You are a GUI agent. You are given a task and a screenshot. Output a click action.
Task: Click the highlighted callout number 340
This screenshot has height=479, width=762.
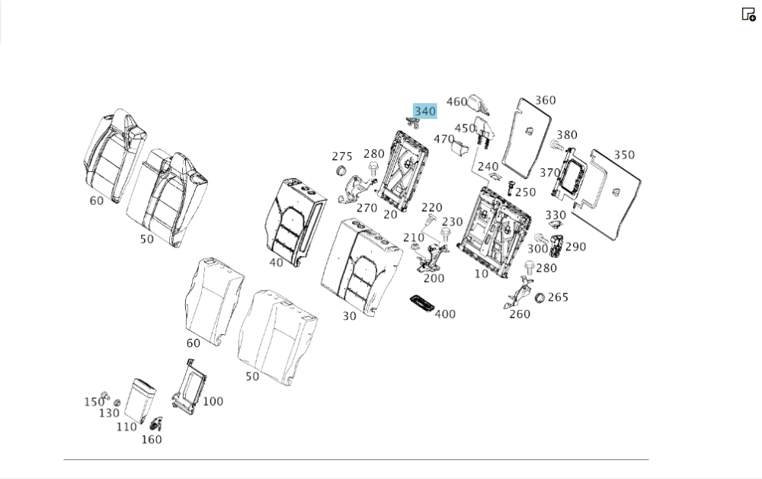tap(424, 111)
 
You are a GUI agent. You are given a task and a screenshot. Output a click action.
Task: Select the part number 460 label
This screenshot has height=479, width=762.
tap(456, 102)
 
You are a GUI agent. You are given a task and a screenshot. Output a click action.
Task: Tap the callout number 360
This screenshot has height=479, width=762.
tap(546, 100)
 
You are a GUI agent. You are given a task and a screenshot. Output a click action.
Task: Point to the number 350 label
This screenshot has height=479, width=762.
tap(624, 155)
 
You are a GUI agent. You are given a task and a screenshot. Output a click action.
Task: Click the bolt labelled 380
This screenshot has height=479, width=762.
tap(555, 145)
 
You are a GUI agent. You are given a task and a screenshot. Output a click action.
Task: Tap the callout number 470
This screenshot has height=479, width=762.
tap(444, 139)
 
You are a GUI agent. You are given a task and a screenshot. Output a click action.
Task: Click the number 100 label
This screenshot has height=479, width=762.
tap(213, 401)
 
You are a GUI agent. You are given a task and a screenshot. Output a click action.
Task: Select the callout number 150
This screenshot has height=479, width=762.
tap(93, 401)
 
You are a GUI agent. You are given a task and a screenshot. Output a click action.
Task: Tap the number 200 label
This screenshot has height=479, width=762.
tap(434, 278)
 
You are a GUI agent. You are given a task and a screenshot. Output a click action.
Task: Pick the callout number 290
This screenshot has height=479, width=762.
tap(575, 247)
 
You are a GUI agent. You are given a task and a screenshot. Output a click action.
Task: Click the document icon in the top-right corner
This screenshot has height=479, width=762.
tap(748, 14)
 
